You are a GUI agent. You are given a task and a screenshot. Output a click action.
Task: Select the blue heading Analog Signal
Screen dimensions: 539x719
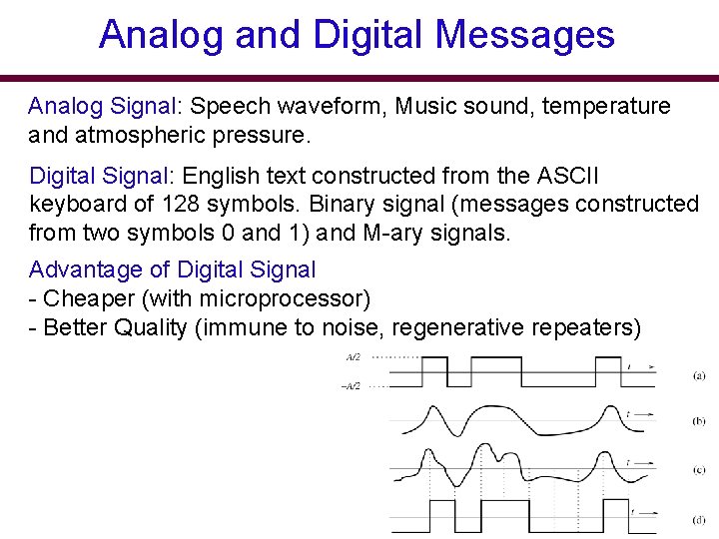(98, 107)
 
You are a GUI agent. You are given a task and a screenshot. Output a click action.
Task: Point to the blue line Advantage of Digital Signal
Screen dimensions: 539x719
(172, 269)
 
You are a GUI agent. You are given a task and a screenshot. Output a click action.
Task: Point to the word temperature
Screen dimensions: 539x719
(607, 107)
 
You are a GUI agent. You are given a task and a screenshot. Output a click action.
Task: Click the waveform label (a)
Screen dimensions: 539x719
(698, 375)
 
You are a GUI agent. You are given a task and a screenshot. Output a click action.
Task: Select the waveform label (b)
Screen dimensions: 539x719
(698, 421)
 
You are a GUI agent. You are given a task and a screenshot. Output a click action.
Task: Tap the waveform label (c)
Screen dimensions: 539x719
(698, 469)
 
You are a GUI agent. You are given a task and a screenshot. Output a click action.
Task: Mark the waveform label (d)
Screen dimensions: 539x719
(698, 519)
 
